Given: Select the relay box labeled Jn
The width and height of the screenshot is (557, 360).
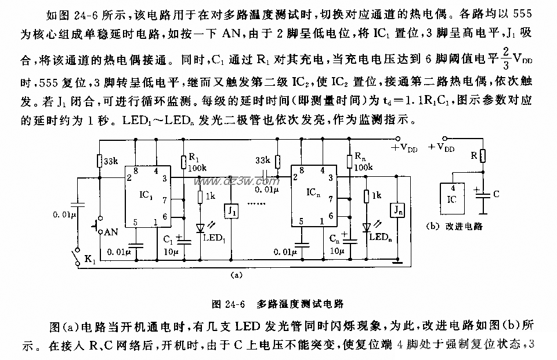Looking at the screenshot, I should click(397, 209).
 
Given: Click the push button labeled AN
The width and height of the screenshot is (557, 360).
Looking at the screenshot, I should click(110, 231).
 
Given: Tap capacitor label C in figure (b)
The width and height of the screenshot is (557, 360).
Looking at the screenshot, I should click(495, 194).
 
